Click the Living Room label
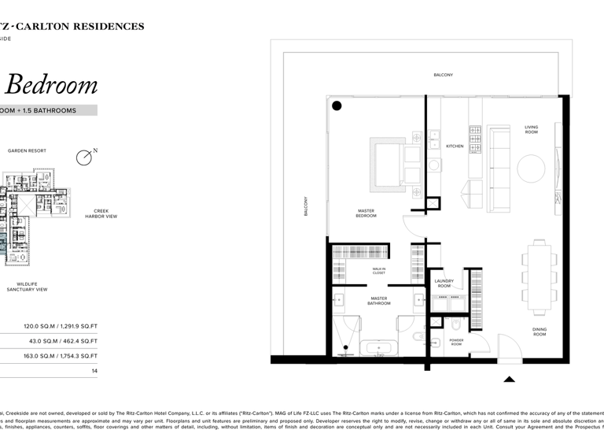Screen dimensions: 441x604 [x=532, y=129]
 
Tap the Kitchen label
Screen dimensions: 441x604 [x=455, y=146]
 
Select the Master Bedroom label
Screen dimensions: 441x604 [x=366, y=213]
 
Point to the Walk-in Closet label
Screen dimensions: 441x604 [x=379, y=271]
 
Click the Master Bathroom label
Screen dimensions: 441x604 [x=379, y=301]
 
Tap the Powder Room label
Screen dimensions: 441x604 [x=457, y=342]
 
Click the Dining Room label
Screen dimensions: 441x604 [x=540, y=332]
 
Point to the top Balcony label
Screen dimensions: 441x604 [x=443, y=75]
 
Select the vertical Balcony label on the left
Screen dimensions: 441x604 [x=307, y=206]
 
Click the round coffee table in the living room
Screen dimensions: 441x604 [x=531, y=169]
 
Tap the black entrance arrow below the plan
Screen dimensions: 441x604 [x=509, y=379]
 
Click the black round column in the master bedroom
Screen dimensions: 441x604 [x=337, y=106]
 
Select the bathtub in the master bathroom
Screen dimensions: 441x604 [x=379, y=347]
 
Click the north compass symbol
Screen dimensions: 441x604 [x=84, y=157]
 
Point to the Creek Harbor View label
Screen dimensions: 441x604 [x=101, y=213]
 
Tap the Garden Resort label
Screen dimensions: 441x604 [x=27, y=150]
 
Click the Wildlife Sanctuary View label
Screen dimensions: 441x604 [x=28, y=287]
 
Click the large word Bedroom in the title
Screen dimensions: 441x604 [x=52, y=85]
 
